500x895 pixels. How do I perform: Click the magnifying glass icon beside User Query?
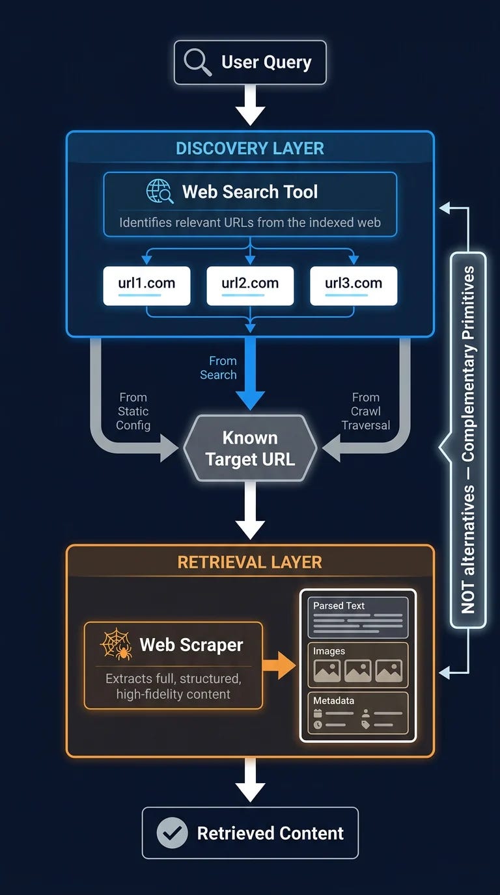pyautogui.click(x=197, y=62)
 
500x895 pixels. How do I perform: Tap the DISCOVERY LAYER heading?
pyautogui.click(x=250, y=148)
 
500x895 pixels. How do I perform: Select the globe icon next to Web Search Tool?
pyautogui.click(x=160, y=191)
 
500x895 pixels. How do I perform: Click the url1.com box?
pyautogui.click(x=146, y=286)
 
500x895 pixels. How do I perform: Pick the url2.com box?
pyautogui.click(x=250, y=286)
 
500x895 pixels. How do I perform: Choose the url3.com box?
pyautogui.click(x=354, y=286)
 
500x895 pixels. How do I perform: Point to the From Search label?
pyautogui.click(x=218, y=367)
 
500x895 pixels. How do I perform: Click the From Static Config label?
pyautogui.click(x=133, y=411)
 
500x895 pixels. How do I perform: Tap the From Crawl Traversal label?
pyautogui.click(x=366, y=411)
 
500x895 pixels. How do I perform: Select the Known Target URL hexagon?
pyautogui.click(x=250, y=448)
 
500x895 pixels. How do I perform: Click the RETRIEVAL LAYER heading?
pyautogui.click(x=249, y=562)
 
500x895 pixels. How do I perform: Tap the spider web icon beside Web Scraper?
pyautogui.click(x=116, y=644)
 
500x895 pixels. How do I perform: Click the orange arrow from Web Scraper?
pyautogui.click(x=279, y=665)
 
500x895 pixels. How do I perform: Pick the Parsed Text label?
pyautogui.click(x=339, y=606)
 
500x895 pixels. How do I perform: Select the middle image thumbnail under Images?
pyautogui.click(x=357, y=671)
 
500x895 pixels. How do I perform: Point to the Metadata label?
pyautogui.click(x=333, y=701)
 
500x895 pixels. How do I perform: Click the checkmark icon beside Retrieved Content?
pyautogui.click(x=172, y=833)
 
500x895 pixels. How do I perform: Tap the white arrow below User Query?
pyautogui.click(x=250, y=105)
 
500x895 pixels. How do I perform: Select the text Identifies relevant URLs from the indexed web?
pyautogui.click(x=250, y=222)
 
